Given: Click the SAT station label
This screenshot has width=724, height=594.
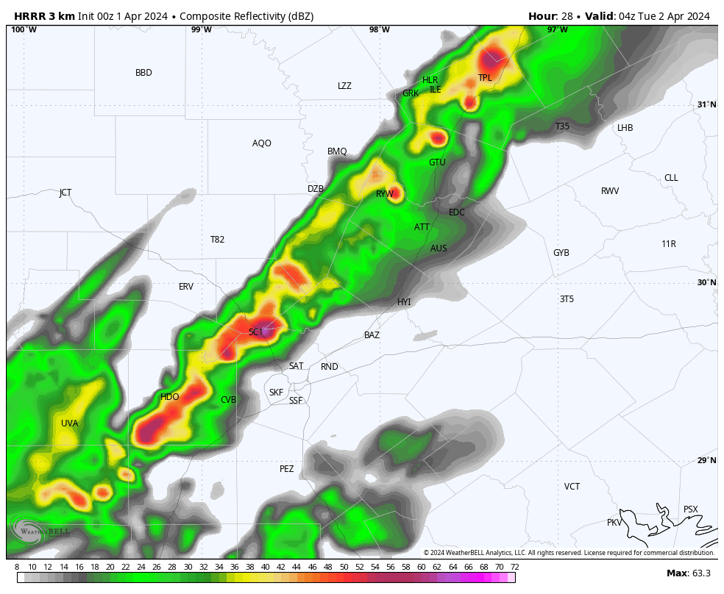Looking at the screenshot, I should [296, 366].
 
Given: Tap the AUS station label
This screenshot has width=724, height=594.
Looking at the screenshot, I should [439, 248].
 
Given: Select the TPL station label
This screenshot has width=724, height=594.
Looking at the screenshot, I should [485, 78].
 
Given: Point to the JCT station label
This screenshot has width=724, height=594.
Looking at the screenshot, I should [65, 193].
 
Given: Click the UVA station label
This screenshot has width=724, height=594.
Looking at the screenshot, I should [69, 423].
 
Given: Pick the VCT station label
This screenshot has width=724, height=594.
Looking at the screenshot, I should [572, 487].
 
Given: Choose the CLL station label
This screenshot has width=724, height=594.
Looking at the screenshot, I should [671, 178].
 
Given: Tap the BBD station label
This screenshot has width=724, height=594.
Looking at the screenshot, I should [143, 73].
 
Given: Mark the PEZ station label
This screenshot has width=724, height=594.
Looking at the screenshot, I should [286, 469].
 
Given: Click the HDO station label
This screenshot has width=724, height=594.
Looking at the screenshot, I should [169, 397].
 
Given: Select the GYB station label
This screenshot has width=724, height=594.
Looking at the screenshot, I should [561, 253].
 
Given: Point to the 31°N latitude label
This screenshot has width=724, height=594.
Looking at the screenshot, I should [706, 104].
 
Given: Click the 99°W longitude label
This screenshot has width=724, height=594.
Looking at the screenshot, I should [201, 29].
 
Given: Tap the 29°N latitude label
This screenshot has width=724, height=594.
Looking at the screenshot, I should [706, 460].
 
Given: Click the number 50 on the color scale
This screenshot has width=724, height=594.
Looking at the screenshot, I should [344, 567].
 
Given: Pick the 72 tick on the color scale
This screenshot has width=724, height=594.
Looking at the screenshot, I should [514, 567].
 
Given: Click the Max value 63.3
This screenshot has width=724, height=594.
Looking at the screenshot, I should [701, 573].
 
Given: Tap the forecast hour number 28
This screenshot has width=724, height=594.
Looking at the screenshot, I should [566, 16].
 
